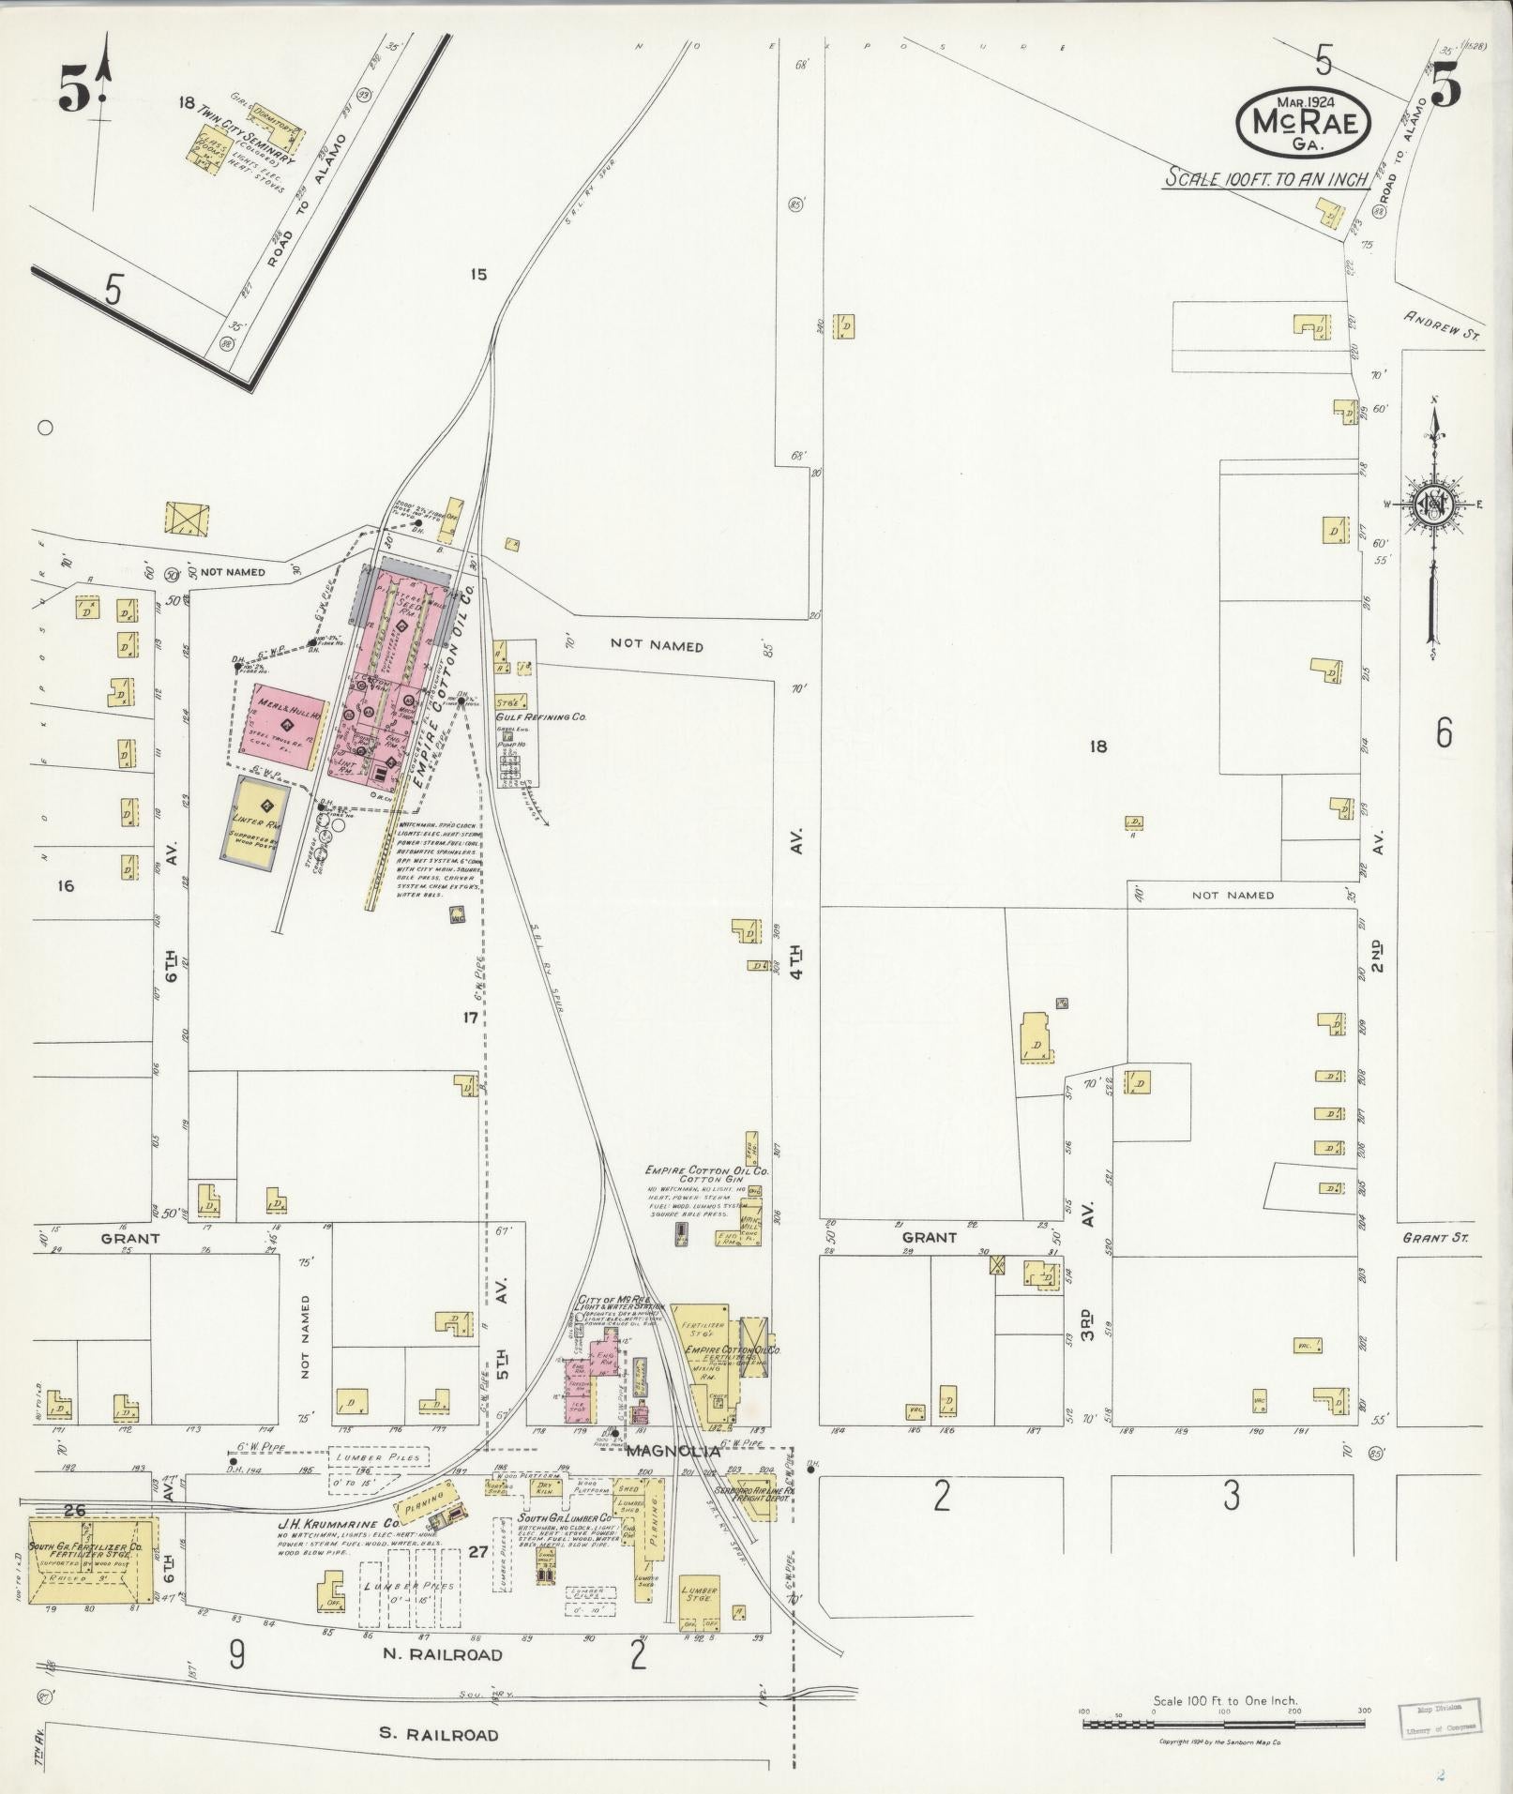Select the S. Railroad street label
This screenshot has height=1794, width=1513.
[439, 1734]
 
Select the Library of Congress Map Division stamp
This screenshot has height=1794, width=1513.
[1435, 1717]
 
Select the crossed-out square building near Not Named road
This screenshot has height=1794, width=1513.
[187, 520]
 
